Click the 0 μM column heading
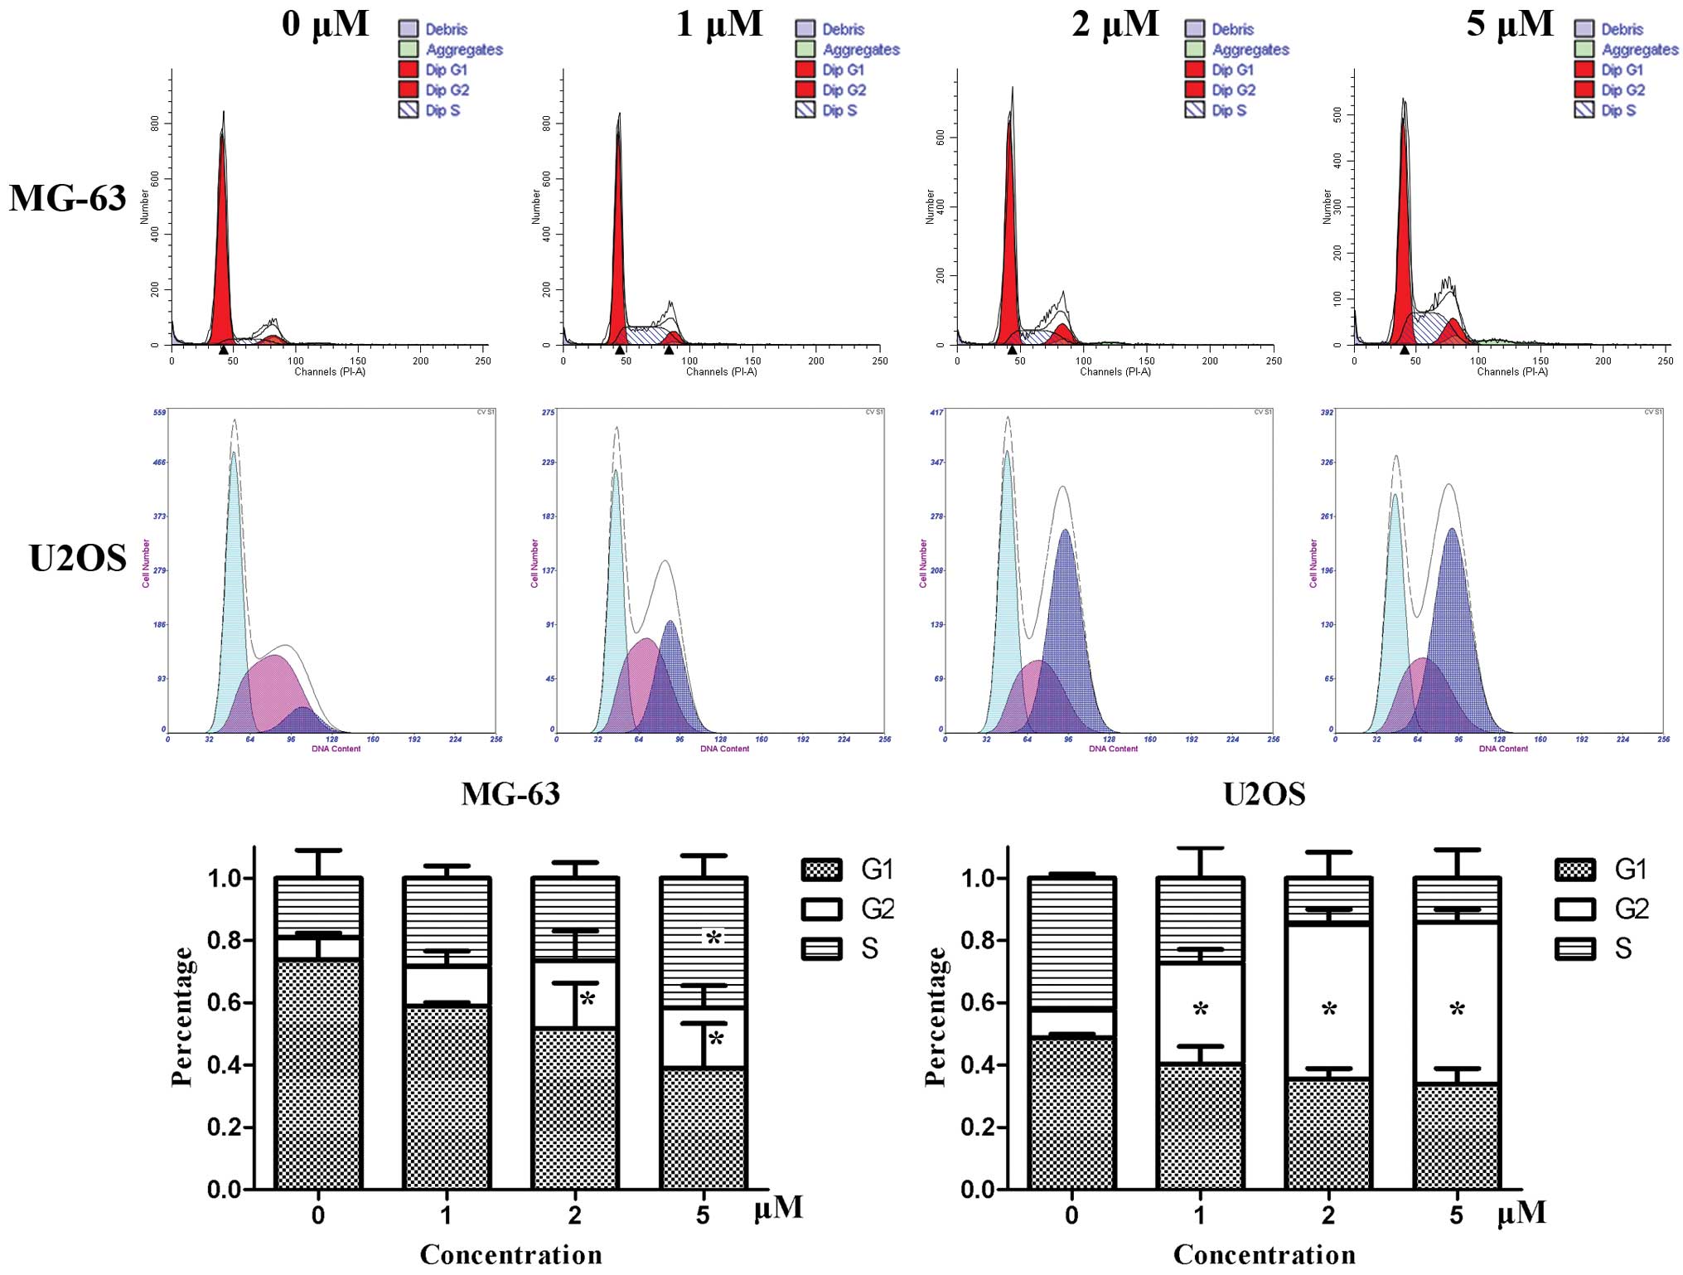[325, 23]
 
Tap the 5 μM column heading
[1509, 23]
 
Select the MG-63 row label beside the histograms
[68, 199]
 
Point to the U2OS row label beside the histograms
[78, 558]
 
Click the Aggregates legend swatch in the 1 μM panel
[805, 49]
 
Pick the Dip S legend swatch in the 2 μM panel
[1194, 109]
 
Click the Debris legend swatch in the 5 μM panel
[1584, 29]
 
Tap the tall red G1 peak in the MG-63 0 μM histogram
[221, 249]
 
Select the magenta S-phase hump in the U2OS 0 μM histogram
[269, 688]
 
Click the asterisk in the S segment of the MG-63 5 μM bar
[713, 938]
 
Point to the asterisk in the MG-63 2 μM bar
[588, 999]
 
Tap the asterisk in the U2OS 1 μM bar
[1200, 1010]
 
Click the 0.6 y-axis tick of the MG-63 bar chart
[224, 1002]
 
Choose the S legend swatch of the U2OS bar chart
[1574, 948]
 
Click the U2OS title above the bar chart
[1264, 794]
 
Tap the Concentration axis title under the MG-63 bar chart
[510, 1254]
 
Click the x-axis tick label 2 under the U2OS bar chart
[1328, 1215]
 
